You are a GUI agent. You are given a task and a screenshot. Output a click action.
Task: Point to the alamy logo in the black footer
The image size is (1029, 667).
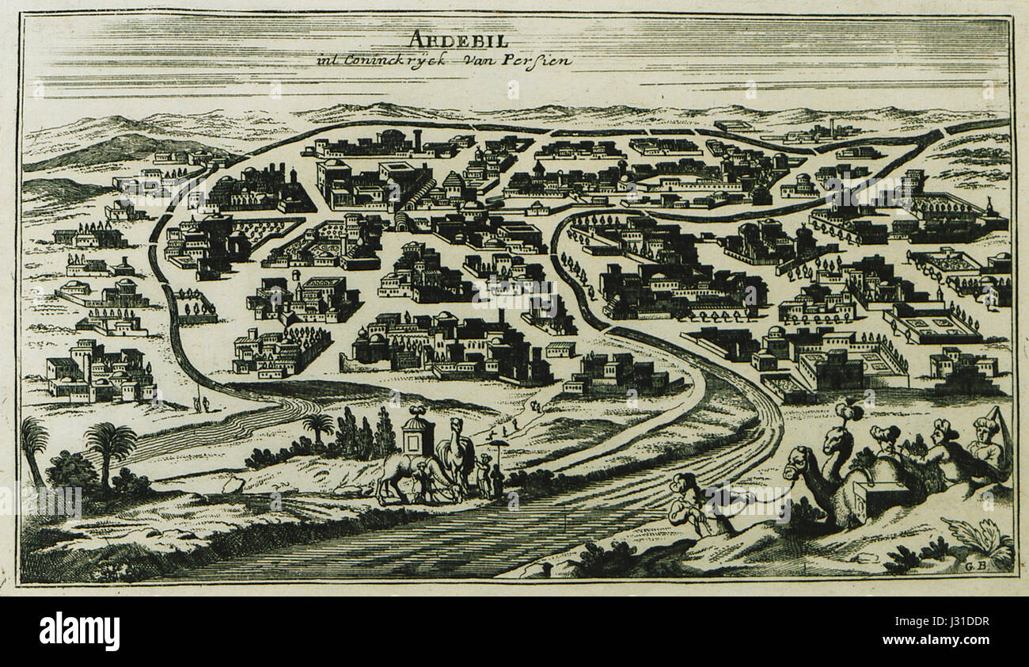click(x=79, y=631)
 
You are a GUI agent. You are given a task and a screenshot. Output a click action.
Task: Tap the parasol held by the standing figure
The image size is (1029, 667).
click(x=499, y=445)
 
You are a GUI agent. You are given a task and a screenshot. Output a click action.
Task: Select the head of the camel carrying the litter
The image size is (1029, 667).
click(x=456, y=429)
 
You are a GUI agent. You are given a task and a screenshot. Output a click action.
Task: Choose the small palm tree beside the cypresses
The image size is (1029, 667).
click(x=318, y=424)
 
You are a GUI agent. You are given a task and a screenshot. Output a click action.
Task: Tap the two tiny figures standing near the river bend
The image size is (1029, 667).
click(x=201, y=405)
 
